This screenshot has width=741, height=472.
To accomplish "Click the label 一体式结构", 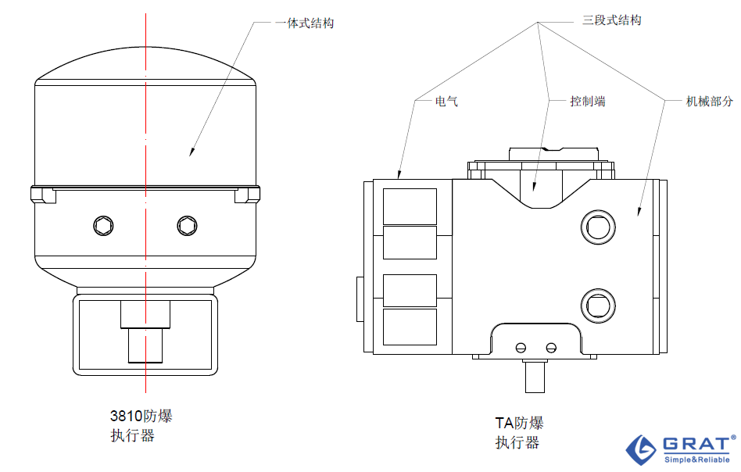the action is point(305,23).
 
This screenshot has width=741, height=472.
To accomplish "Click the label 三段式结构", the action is point(612,20).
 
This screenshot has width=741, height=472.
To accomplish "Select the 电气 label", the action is point(446,101).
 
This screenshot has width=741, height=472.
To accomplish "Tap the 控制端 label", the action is point(588,101).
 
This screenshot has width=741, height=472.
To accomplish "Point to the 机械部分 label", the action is point(709,101).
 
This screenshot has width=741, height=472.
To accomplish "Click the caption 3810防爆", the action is point(141,416).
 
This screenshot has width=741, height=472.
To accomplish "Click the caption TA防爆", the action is point(519,423).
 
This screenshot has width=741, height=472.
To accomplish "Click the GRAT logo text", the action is point(696,444).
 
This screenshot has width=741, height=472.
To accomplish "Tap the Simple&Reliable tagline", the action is point(697,459).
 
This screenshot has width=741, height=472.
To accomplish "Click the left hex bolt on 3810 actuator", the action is point(103,226).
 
